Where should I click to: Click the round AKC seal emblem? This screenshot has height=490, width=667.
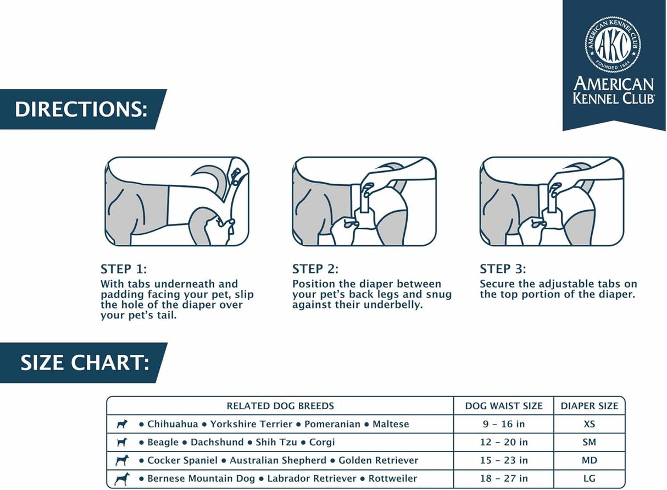(x=613, y=44)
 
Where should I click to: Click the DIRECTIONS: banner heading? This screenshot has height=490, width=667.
(x=81, y=109)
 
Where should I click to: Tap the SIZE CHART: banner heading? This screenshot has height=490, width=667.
(x=85, y=363)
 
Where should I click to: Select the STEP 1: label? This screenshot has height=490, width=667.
(x=124, y=269)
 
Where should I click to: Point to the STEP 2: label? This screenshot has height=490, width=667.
(x=315, y=269)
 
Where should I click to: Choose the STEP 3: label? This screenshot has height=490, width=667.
(x=503, y=269)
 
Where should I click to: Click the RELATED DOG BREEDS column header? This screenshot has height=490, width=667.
(x=280, y=406)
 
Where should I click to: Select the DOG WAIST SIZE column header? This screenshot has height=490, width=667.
(x=504, y=406)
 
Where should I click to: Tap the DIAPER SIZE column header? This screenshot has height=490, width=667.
(x=590, y=406)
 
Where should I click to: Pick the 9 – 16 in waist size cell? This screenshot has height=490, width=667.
(x=504, y=424)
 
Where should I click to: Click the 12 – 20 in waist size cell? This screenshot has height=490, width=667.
(x=504, y=442)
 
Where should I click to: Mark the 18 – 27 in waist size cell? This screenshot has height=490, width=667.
(x=504, y=478)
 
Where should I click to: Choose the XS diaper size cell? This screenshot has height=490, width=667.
(x=590, y=424)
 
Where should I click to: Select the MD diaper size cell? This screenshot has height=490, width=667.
(x=590, y=460)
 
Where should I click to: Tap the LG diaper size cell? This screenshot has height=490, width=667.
(x=590, y=478)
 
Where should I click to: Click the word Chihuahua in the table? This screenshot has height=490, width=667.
(x=173, y=424)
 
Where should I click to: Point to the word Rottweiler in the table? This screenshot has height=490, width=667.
(x=393, y=478)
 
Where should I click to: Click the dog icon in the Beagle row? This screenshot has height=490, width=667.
(x=122, y=442)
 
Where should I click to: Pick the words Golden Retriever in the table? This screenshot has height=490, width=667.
(x=379, y=460)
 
